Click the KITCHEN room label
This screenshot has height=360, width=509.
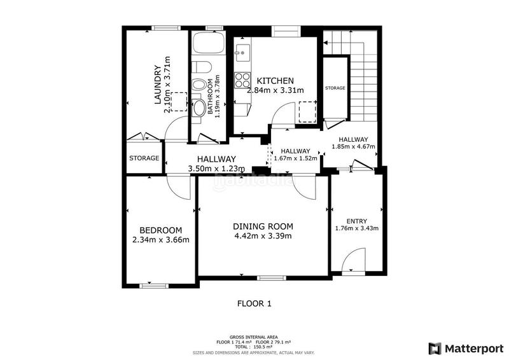pos(275,81)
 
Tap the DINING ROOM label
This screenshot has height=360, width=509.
pos(263,226)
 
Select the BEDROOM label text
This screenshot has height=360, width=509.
pos(161,230)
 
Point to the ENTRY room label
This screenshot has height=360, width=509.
pos(357,221)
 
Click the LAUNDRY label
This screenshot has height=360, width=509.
pos(158,85)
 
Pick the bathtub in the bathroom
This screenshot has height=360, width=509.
pos(209,43)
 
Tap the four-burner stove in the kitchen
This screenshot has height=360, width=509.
pos(242,80)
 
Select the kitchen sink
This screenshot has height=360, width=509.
pos(242,53)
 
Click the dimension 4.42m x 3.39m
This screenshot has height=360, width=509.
pos(263,236)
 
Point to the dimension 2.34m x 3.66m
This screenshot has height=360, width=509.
pos(161,240)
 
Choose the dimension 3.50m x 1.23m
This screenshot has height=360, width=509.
pos(216,169)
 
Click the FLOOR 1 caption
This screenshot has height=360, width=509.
pos(254,304)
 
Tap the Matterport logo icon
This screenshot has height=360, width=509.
pos(435,349)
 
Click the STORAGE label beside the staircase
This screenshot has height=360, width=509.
pos(335,88)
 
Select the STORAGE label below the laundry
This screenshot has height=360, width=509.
pos(144,158)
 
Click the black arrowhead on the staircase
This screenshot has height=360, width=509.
pos(326,43)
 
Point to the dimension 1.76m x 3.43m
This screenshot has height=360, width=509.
pos(357,228)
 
